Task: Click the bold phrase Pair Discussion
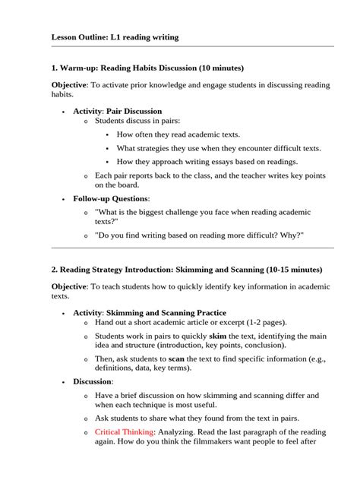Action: (x=134, y=111)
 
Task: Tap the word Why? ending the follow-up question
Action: (x=292, y=235)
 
